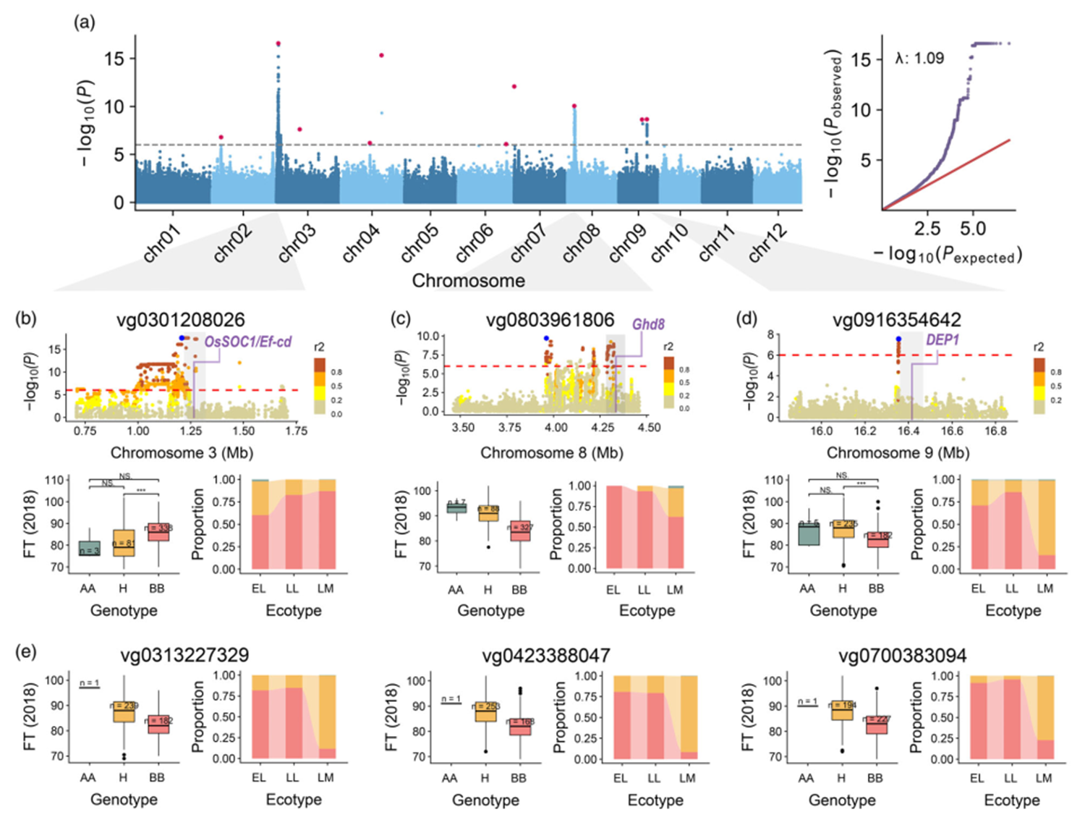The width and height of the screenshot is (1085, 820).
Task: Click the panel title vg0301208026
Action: click(181, 320)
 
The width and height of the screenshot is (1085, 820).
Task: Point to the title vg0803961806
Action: click(550, 320)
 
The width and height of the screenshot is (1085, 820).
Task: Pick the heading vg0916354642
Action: click(897, 320)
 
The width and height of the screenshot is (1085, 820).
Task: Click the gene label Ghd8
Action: click(648, 324)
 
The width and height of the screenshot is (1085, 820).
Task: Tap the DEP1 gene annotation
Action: click(943, 339)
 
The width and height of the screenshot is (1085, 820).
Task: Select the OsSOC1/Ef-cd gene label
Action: click(248, 342)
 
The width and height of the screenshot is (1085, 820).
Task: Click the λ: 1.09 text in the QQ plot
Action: click(919, 59)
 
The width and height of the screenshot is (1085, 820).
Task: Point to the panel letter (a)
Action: click(84, 22)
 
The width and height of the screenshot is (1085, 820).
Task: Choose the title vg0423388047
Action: click(546, 656)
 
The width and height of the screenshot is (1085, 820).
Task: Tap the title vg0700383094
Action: click(902, 656)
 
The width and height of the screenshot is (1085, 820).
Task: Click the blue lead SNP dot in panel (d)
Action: click(898, 339)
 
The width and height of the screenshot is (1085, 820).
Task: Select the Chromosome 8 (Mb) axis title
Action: click(552, 453)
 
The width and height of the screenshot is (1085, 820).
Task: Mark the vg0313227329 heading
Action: click(184, 655)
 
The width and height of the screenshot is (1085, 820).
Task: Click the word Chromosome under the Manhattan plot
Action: click(469, 281)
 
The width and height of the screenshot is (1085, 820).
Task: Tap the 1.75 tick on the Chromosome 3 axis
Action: click(297, 431)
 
